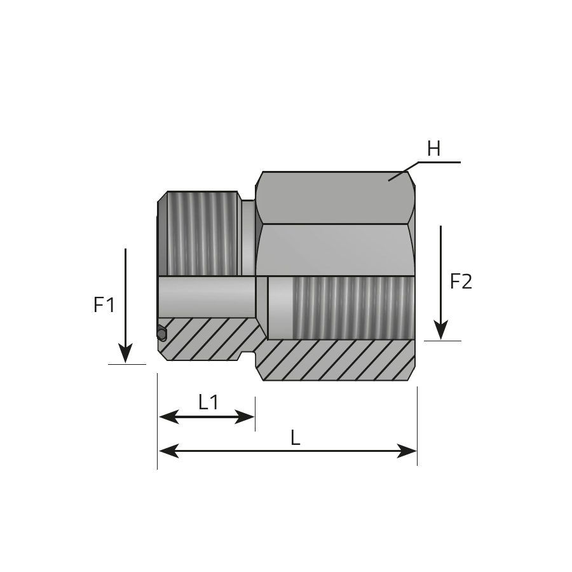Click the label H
433,149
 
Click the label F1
104,304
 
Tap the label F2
461,282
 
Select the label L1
208,402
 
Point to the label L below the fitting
295,437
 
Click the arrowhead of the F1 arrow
125,353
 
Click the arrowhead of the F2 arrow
440,330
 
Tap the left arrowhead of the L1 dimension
169,416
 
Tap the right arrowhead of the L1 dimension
245,416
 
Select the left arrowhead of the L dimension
169,451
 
